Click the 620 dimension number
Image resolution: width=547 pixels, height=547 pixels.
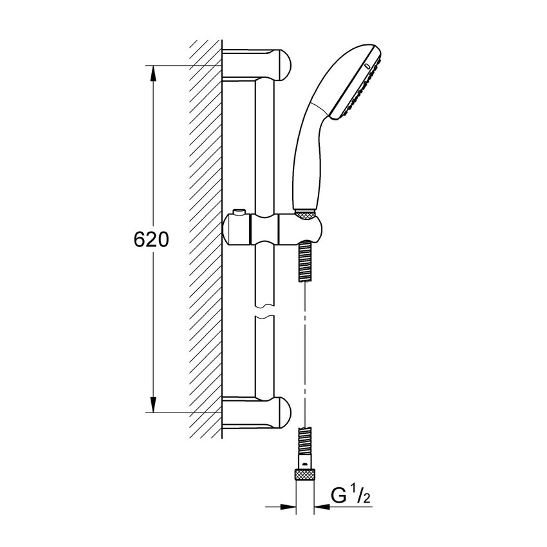click(151, 239)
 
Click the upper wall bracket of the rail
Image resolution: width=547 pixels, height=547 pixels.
click(256, 64)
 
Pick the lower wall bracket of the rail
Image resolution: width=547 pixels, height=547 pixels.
click(256, 413)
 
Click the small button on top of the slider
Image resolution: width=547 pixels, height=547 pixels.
click(239, 212)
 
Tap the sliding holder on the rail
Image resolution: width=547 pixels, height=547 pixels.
click(272, 229)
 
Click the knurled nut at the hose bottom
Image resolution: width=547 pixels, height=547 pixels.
click(305, 474)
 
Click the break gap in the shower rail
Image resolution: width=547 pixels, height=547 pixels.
click(264, 311)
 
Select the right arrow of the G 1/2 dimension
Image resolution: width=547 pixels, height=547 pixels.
click(322, 506)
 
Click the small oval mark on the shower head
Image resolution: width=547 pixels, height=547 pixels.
click(367, 66)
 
